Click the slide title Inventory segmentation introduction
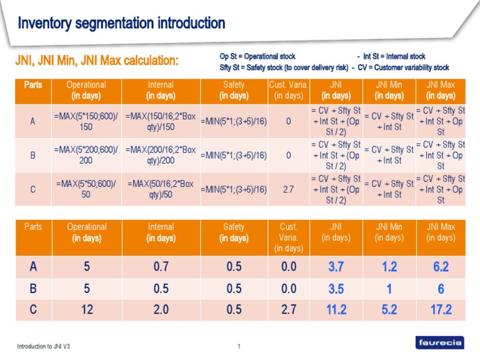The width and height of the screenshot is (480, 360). (121, 24)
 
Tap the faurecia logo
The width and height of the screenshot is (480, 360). (440, 342)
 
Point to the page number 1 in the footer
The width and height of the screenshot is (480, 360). (239, 346)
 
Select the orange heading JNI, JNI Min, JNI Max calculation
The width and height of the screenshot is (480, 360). (97, 61)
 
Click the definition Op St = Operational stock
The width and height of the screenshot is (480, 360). (257, 57)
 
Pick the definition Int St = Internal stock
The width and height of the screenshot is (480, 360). (394, 57)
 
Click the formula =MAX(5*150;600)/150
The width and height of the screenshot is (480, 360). (86, 121)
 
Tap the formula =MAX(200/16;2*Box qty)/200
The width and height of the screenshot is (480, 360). (161, 155)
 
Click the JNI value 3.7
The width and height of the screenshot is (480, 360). (336, 267)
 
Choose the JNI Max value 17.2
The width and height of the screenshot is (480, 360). (441, 309)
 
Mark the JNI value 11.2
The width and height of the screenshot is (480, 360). (336, 309)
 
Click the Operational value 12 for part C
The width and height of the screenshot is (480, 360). (86, 309)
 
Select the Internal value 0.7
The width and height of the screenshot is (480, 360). (161, 267)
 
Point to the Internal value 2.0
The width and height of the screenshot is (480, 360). (161, 309)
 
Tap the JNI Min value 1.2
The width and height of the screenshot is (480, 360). (389, 267)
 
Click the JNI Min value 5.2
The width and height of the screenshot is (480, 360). (389, 309)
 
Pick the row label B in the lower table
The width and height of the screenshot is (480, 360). (33, 289)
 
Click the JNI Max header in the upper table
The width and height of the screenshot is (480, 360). (441, 90)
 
